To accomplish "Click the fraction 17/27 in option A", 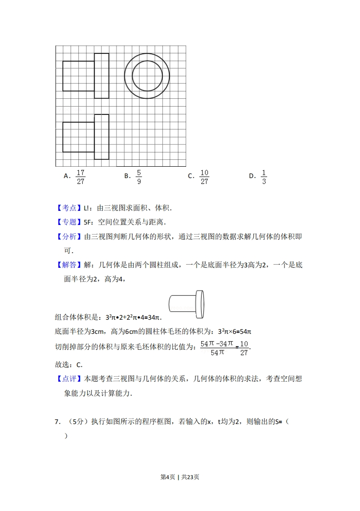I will [x=81, y=177].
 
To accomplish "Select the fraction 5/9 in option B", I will [x=139, y=177].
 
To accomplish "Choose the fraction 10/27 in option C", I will [x=204, y=177].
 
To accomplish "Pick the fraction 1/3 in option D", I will [x=264, y=177].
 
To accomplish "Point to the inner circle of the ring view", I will [x=147, y=76].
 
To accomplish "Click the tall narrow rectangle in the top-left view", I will [x=101, y=76].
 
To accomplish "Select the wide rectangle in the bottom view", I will [x=78, y=137].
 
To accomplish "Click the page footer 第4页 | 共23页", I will [x=180, y=477].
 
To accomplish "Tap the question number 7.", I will [x=58, y=422].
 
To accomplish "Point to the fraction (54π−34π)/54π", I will [x=217, y=348].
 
